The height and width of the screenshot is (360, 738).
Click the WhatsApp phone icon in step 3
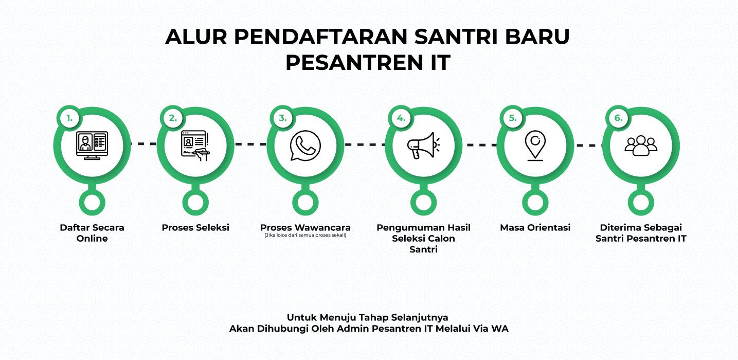coord(305,146)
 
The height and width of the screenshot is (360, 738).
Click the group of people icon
coord(641,146)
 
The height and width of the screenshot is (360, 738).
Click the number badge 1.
coord(69,118)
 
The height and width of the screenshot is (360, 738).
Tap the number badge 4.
coord(401,118)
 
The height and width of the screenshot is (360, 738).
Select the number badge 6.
coord(619,118)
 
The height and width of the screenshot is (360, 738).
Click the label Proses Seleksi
coord(195,227)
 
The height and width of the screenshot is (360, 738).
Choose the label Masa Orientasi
coord(535,227)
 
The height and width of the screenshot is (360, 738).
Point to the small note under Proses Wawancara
coord(305,236)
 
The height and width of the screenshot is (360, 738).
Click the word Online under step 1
coord(92,239)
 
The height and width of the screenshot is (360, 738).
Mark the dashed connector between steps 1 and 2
coord(143,144)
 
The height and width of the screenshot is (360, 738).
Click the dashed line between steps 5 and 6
coord(588,146)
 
